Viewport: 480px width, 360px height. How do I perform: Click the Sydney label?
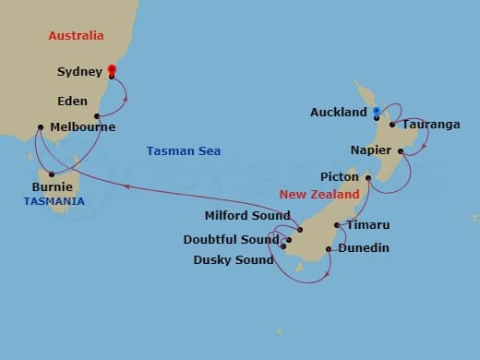[x=79, y=71]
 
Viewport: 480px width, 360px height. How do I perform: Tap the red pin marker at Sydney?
[x=111, y=70]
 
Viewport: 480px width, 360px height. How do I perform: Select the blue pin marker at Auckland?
[x=377, y=113]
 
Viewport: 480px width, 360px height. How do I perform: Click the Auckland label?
[x=340, y=113]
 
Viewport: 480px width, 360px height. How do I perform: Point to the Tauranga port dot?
[x=392, y=125]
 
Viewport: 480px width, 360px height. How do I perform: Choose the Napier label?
[x=372, y=150]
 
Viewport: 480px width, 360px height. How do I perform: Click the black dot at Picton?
[x=368, y=178]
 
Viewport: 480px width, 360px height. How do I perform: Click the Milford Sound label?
[x=246, y=216]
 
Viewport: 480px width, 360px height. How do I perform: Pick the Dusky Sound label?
[x=234, y=259]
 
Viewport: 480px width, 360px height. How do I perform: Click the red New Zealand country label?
[x=319, y=195]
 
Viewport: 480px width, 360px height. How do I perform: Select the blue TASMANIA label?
[x=54, y=201]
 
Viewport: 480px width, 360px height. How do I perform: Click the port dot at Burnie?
[x=52, y=174]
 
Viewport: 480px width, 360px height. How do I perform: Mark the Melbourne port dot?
[x=41, y=127]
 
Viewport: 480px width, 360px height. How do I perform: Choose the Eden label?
[x=72, y=101]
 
